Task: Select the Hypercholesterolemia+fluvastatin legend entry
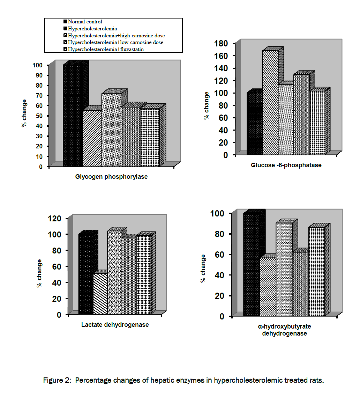click(x=106, y=49)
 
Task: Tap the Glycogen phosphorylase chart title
click(x=111, y=177)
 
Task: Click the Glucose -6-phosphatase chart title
click(x=286, y=165)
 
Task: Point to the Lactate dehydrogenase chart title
click(x=115, y=325)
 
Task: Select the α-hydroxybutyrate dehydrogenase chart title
click(x=284, y=330)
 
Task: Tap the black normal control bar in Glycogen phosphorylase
click(x=73, y=115)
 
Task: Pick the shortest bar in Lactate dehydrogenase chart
click(x=100, y=293)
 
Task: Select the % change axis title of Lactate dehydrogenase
click(x=39, y=273)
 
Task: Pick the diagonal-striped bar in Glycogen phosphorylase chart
click(x=92, y=138)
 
